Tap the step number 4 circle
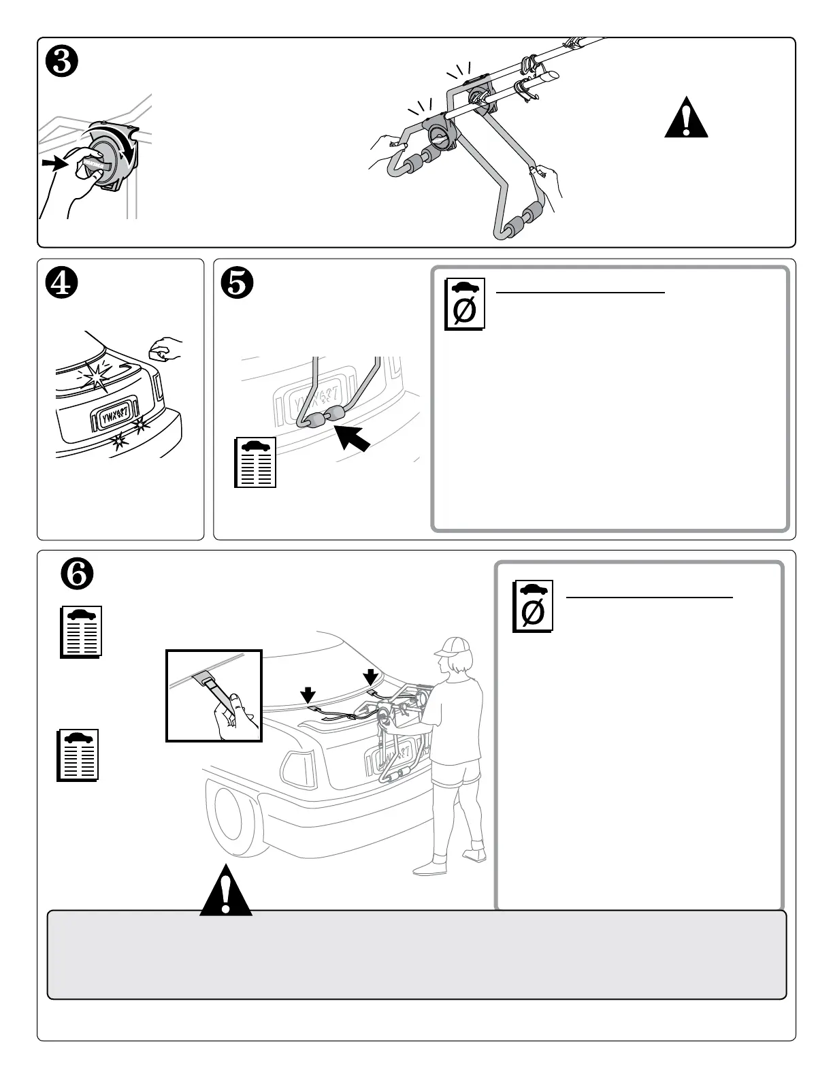(x=59, y=284)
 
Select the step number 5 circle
(x=237, y=284)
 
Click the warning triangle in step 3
(x=686, y=120)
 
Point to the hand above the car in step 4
(x=164, y=348)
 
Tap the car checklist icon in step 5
(x=255, y=463)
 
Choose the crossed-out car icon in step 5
(x=465, y=304)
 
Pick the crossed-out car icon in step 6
(x=533, y=606)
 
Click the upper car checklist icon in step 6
(x=82, y=632)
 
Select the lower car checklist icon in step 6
(x=78, y=755)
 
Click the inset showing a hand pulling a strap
(x=214, y=696)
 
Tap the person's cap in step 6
(x=449, y=645)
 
